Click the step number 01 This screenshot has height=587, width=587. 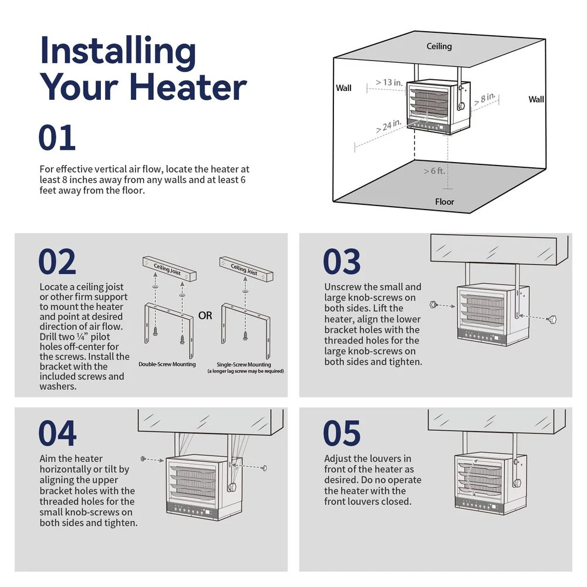click(57, 137)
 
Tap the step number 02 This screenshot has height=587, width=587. click(58, 261)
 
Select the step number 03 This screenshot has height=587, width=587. click(342, 261)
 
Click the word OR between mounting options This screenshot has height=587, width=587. click(205, 316)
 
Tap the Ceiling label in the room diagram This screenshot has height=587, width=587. click(439, 46)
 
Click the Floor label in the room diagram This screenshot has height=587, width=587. click(444, 202)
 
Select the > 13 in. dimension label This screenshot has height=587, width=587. click(389, 82)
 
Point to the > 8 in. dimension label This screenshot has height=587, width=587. click(485, 99)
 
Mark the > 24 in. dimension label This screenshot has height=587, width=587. click(389, 126)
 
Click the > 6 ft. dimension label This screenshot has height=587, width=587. click(434, 171)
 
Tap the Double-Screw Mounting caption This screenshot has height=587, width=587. click(167, 365)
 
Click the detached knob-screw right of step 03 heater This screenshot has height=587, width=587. click(552, 320)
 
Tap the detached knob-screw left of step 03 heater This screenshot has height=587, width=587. click(434, 304)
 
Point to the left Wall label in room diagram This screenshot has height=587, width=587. click(343, 88)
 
